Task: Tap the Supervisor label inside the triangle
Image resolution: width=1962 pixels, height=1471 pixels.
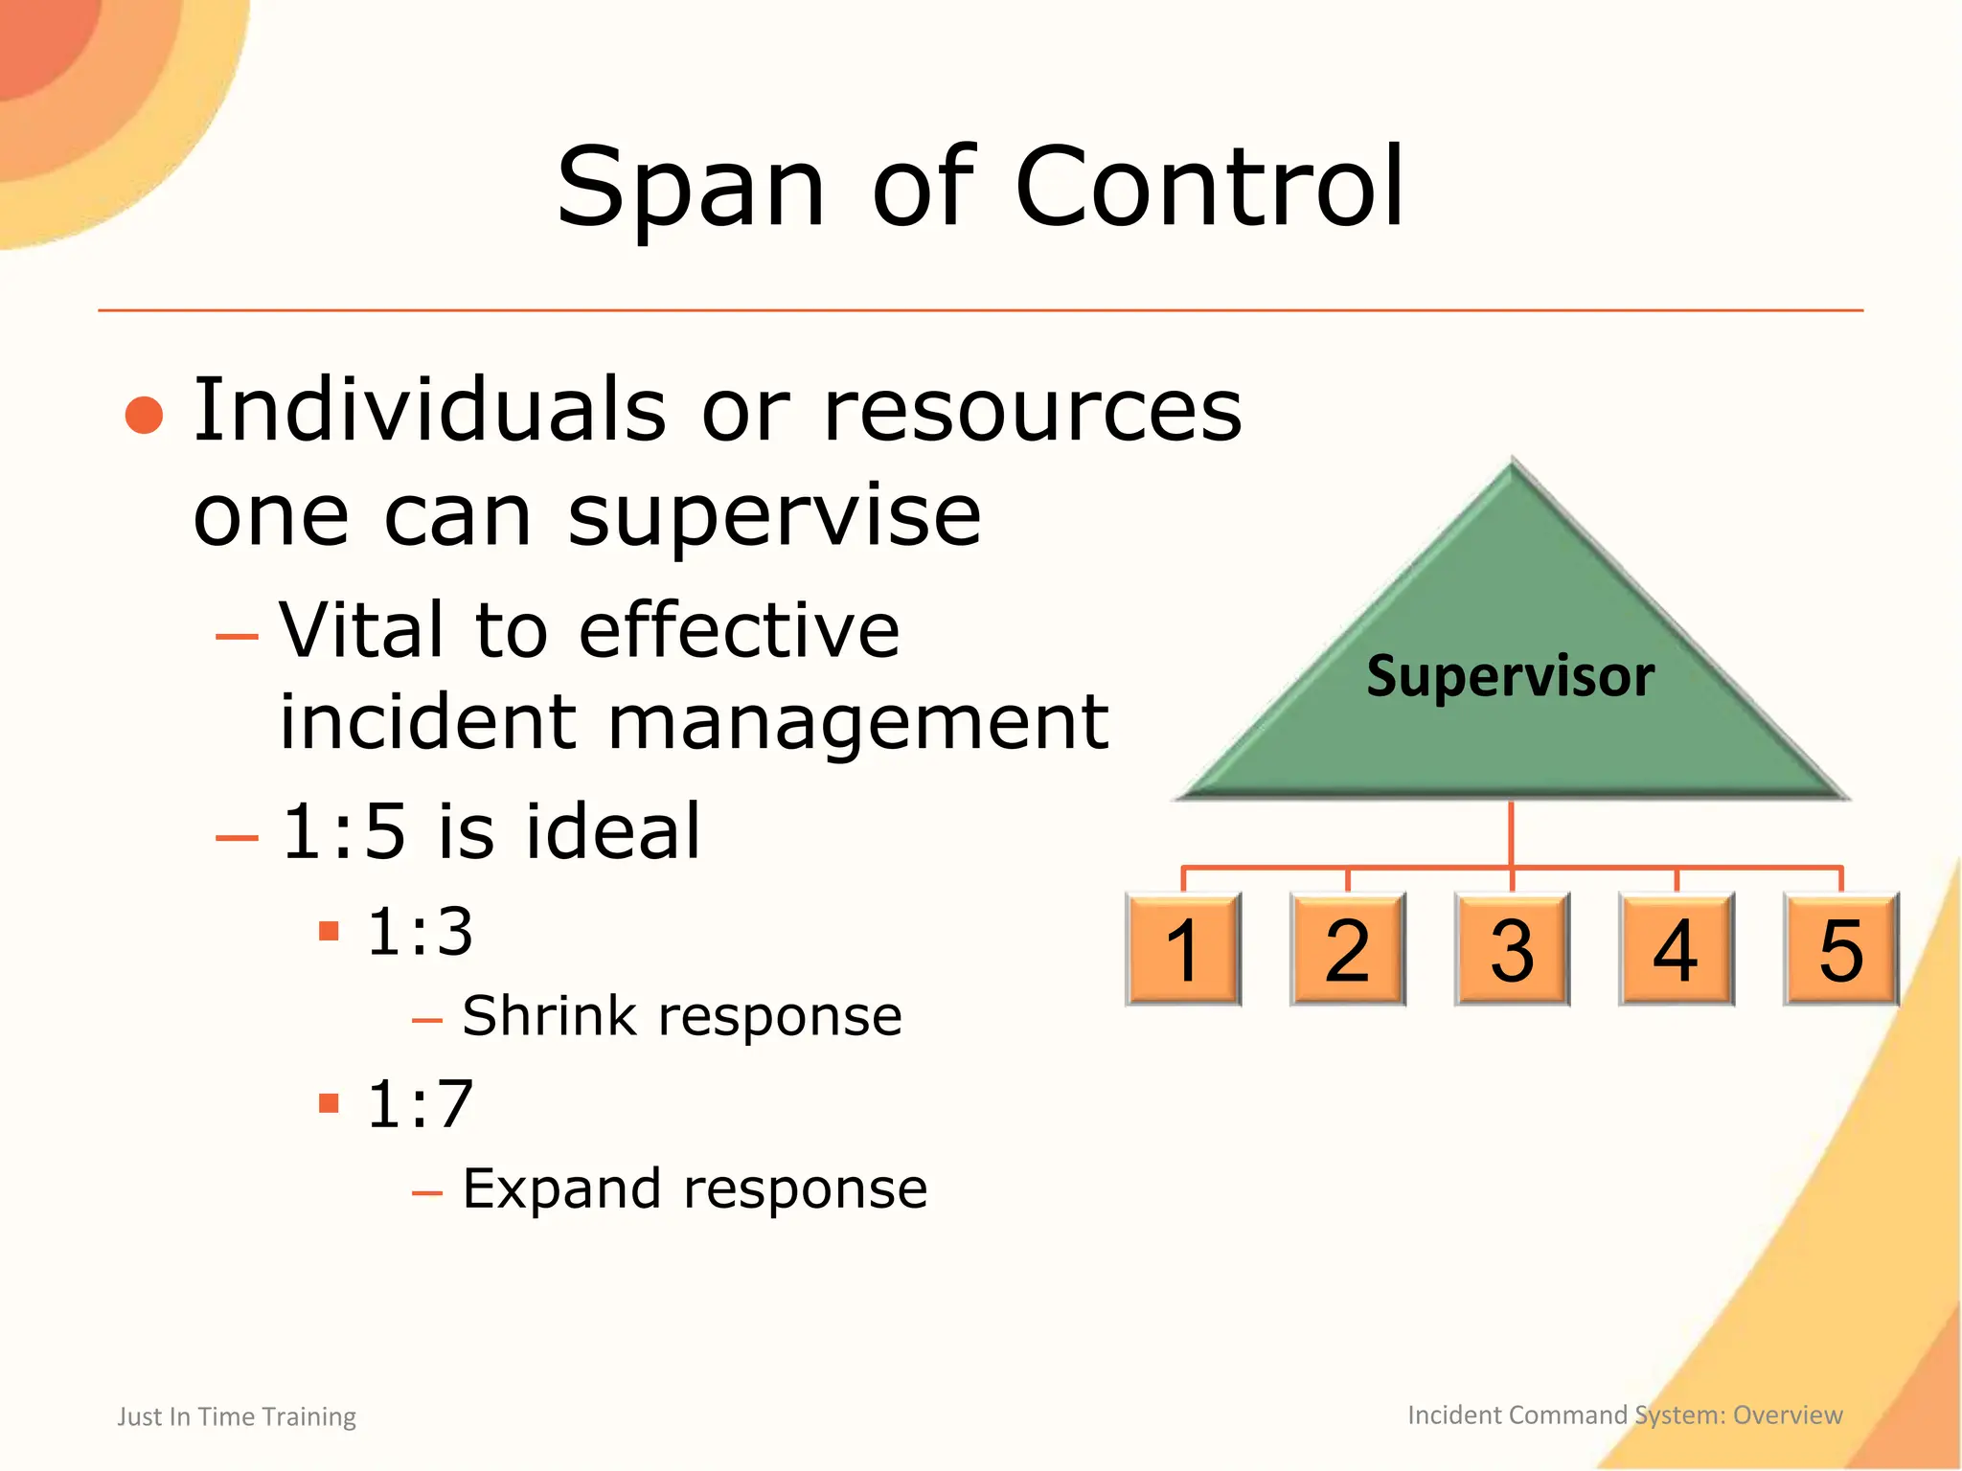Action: (1510, 676)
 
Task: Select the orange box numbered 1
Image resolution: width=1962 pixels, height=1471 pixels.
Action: (1183, 949)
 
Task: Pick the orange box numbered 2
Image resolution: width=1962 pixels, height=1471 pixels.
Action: (1348, 949)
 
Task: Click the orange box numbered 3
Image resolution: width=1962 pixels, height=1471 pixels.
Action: (1512, 949)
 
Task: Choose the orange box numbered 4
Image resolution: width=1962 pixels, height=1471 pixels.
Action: (1677, 949)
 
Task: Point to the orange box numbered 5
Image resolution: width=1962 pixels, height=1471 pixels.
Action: (1840, 949)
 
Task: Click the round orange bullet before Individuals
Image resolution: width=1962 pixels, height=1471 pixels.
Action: (145, 415)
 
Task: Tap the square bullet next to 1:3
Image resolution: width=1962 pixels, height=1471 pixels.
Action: (329, 931)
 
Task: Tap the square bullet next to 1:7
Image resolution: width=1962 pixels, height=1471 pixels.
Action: (329, 1103)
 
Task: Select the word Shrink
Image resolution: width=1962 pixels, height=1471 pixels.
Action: (549, 1015)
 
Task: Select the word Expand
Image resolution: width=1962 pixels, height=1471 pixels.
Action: (560, 1188)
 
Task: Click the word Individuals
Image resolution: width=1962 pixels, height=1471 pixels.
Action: (429, 410)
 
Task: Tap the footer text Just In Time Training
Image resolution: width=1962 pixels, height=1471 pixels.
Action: (237, 1416)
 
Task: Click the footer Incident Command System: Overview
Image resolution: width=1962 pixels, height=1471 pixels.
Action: (1625, 1414)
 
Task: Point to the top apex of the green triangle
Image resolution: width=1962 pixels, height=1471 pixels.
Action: (1513, 464)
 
